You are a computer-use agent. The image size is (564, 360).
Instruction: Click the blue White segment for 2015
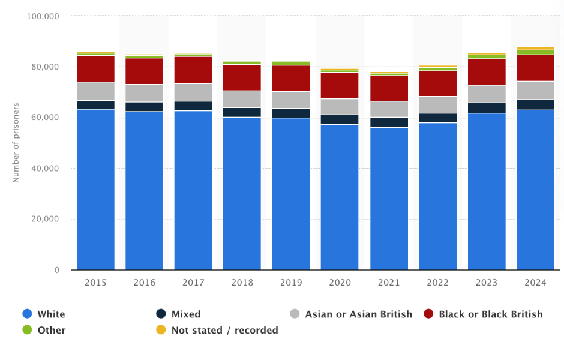pos(95,190)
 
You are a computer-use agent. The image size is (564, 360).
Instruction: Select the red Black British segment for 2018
pos(242,77)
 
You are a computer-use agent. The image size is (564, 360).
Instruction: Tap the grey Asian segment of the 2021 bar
pos(389,109)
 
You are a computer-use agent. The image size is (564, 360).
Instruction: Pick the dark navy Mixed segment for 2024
pos(535,104)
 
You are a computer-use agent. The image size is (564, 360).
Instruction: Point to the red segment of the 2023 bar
pos(487,72)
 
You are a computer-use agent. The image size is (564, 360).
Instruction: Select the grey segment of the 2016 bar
pos(144,93)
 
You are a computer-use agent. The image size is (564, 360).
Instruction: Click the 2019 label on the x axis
pos(291,283)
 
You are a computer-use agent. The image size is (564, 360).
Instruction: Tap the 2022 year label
pos(437,283)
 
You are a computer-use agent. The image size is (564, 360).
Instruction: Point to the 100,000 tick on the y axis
pos(43,16)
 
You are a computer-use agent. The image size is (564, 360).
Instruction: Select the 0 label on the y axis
pos(56,270)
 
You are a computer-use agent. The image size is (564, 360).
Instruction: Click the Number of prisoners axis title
pos(16,143)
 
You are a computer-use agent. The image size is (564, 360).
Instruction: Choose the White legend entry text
pos(51,314)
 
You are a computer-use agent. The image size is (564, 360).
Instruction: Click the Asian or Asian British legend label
pos(358,314)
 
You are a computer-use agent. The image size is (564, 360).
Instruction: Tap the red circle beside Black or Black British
pos(428,314)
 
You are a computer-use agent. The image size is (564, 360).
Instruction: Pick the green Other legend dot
pos(27,330)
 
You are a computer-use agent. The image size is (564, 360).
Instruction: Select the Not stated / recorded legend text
pos(224,330)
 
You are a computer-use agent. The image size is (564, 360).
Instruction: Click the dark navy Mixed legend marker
pos(161,314)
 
